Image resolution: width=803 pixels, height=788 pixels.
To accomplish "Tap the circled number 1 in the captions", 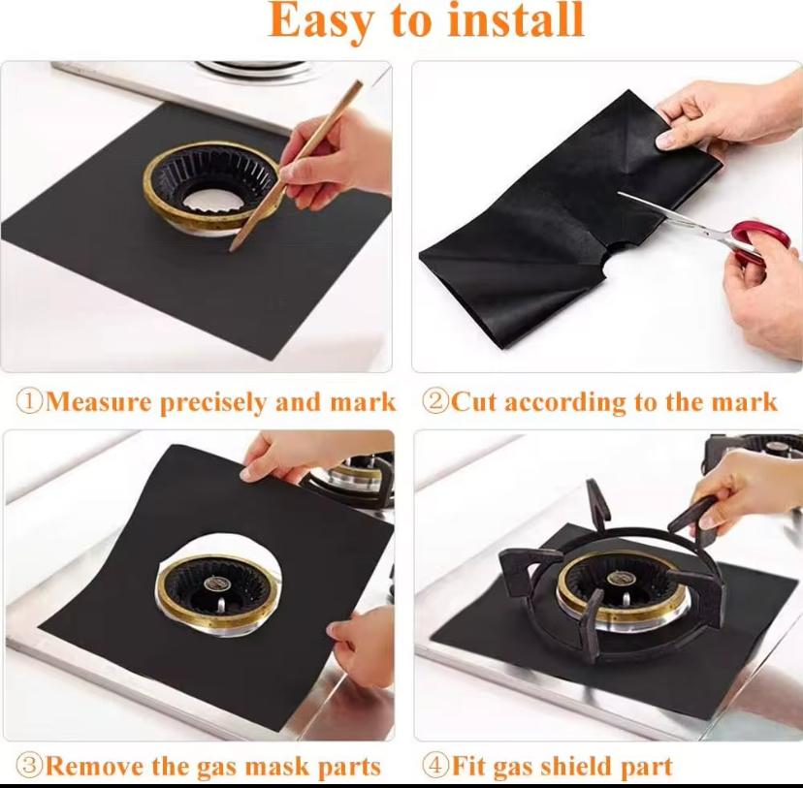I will click(x=30, y=402).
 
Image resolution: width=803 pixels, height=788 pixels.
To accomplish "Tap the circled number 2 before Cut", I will click(x=435, y=402).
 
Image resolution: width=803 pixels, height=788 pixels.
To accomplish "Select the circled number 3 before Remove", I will click(x=30, y=766).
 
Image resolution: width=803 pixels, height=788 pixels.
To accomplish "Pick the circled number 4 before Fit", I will click(x=435, y=766).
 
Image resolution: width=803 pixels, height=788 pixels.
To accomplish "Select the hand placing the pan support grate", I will click(x=742, y=489).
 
